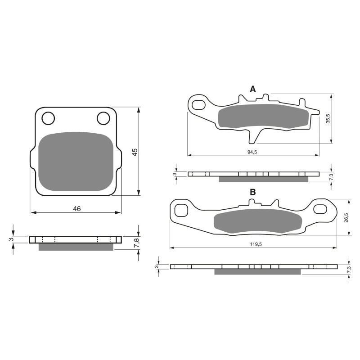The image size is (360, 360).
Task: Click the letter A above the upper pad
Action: coord(253,89)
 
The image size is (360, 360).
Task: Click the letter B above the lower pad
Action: coord(253,192)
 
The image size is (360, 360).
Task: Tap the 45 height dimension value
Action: coord(134,152)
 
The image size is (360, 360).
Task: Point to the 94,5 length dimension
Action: coord(252,152)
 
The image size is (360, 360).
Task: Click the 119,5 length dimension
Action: coord(253,244)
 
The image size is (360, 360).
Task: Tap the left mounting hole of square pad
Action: coord(48,118)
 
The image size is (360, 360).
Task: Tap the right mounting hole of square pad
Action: coord(103,118)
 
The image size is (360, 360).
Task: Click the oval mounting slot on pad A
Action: coord(198,105)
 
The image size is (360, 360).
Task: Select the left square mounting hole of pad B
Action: coord(181,210)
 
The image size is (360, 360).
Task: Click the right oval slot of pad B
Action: coord(321,209)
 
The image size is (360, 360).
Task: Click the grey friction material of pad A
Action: coord(263,117)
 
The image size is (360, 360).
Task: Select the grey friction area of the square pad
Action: coord(76,162)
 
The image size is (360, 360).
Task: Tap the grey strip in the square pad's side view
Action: coord(76,247)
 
